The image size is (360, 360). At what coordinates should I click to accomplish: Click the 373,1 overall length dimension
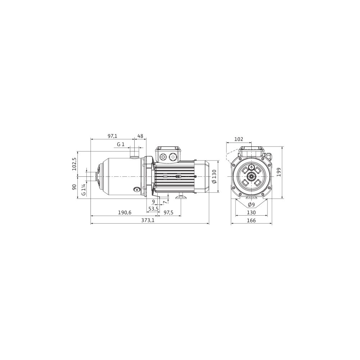click(148, 220)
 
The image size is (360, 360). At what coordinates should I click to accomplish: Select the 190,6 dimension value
click(125, 213)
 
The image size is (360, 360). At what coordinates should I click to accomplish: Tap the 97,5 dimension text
click(168, 213)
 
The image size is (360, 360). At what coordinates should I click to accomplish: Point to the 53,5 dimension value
click(153, 209)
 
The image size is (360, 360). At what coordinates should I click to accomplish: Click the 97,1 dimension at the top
click(112, 136)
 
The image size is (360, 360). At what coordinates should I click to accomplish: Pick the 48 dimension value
click(140, 136)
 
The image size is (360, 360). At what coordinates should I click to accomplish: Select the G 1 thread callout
click(121, 144)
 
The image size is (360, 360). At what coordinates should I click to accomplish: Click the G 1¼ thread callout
click(84, 189)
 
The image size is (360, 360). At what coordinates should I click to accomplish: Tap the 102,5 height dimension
click(74, 164)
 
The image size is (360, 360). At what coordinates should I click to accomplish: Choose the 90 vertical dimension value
click(74, 187)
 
